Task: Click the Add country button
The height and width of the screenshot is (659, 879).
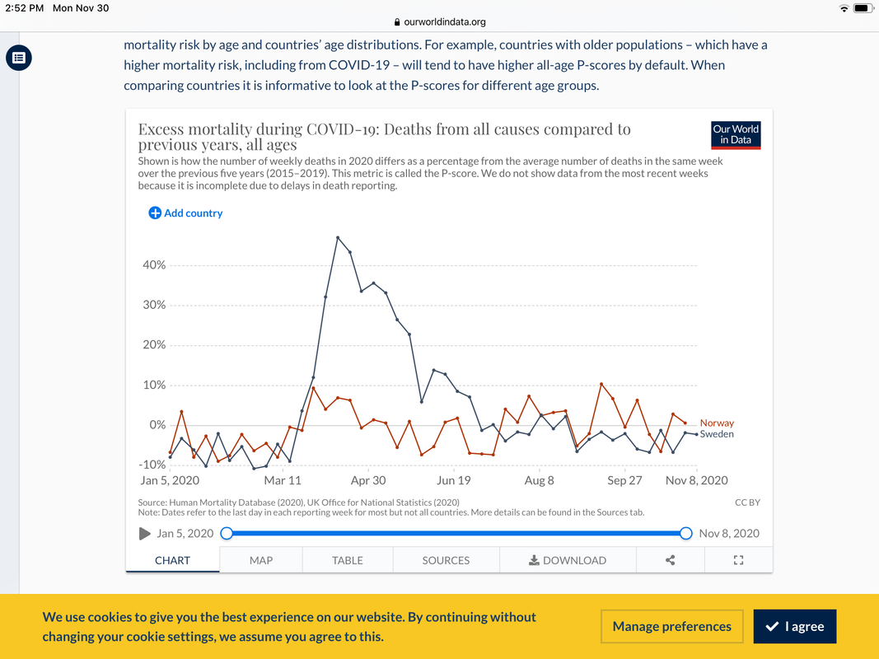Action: pyautogui.click(x=185, y=213)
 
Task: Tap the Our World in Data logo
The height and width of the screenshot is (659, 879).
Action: pyautogui.click(x=736, y=135)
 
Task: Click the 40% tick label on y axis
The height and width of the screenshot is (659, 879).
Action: pyautogui.click(x=154, y=265)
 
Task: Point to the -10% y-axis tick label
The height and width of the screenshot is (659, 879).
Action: pyautogui.click(x=152, y=465)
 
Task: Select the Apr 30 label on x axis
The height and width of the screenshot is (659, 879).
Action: pyautogui.click(x=368, y=480)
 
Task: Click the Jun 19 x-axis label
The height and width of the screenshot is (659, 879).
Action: pyautogui.click(x=453, y=480)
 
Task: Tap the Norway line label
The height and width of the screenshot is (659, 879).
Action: pyautogui.click(x=717, y=423)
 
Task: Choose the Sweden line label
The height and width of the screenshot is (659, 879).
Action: pyautogui.click(x=717, y=434)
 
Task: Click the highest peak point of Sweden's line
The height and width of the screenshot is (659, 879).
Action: pyautogui.click(x=338, y=237)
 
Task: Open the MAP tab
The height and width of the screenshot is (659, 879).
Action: pyautogui.click(x=261, y=560)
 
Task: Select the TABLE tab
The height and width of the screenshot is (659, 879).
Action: pyautogui.click(x=348, y=560)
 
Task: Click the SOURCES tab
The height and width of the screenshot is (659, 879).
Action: pyautogui.click(x=446, y=560)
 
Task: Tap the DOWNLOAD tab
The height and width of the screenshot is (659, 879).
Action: pyautogui.click(x=568, y=560)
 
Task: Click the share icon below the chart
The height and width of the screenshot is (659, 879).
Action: pyautogui.click(x=671, y=560)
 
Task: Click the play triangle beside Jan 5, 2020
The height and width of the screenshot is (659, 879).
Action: pyautogui.click(x=146, y=534)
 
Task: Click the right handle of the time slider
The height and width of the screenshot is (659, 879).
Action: pyautogui.click(x=685, y=534)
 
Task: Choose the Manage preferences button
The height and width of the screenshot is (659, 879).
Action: pyautogui.click(x=671, y=627)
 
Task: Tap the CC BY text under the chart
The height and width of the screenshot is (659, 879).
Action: pyautogui.click(x=747, y=502)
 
